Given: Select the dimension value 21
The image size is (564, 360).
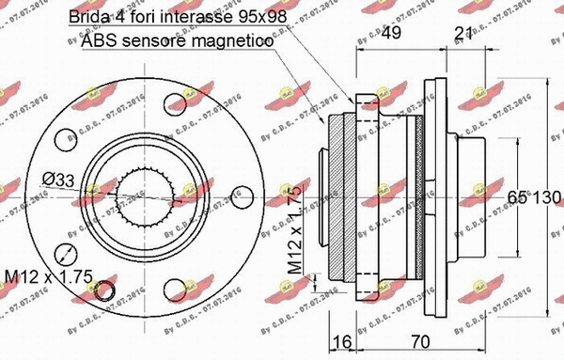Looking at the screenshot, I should coord(462,34).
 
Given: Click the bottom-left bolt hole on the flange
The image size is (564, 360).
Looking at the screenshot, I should coord(66,252).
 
